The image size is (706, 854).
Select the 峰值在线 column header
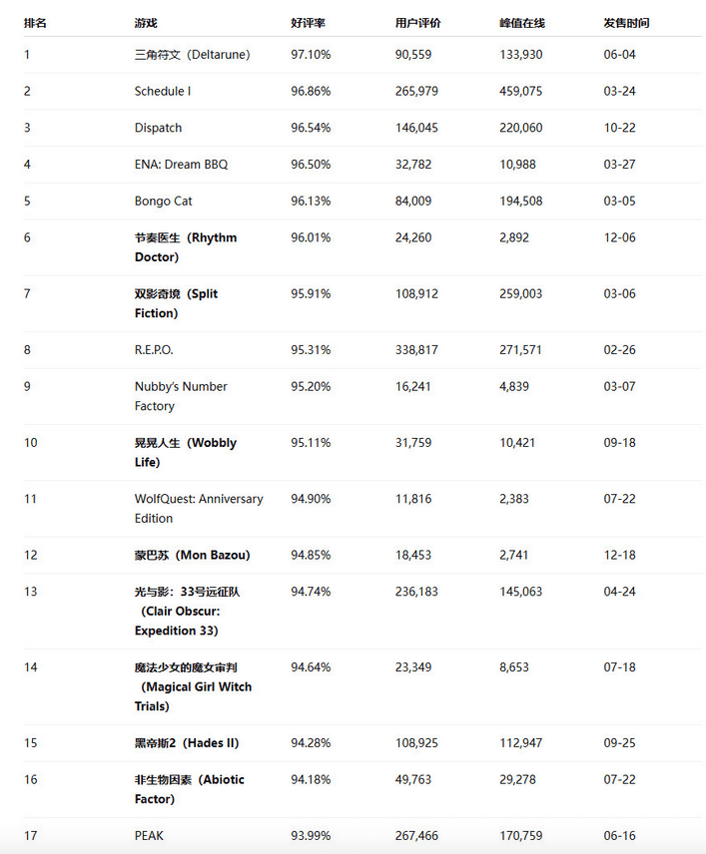point(522,22)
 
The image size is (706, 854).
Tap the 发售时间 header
point(626,22)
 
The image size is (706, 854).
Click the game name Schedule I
point(162,91)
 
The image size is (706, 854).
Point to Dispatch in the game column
point(158,128)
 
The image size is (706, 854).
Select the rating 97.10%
point(311,54)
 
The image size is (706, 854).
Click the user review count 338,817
point(417,350)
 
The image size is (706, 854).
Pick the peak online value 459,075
point(520,91)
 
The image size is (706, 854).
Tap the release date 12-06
point(619,237)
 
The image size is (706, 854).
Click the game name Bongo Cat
point(164,201)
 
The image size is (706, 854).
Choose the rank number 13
point(31,592)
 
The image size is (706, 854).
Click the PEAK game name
point(150,836)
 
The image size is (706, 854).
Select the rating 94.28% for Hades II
point(311,743)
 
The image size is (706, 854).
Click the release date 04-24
point(619,592)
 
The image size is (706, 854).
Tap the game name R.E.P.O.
point(154,350)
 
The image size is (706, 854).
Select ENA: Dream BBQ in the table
point(181,164)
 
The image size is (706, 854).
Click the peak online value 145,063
point(520,592)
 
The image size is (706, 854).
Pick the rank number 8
point(28,350)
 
